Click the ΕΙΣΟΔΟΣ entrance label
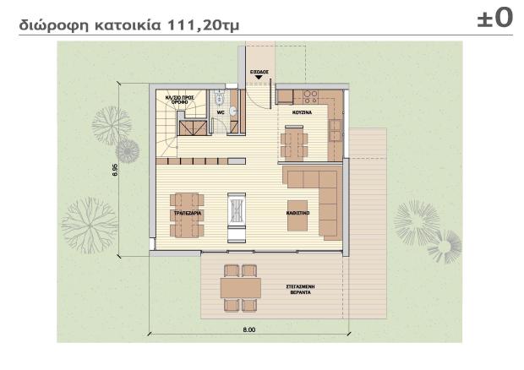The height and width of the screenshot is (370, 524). (x=259, y=73)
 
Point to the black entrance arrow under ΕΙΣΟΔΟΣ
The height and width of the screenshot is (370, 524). (x=259, y=79)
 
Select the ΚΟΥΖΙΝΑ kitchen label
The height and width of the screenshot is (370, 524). (x=303, y=111)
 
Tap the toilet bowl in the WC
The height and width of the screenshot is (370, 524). (x=219, y=95)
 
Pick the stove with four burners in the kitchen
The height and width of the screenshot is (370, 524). (x=309, y=93)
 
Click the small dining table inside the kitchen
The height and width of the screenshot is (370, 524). (x=295, y=139)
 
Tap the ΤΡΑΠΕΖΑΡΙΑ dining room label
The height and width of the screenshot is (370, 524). (x=186, y=215)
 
